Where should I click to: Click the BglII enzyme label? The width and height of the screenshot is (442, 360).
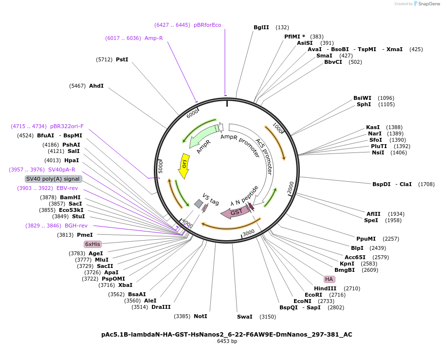point(261,27)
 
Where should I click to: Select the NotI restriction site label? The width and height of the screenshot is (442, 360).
point(201,316)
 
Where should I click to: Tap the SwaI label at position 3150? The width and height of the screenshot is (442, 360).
point(245,317)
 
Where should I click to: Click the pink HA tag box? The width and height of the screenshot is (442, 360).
point(329,279)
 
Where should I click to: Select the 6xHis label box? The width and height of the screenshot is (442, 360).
point(92,244)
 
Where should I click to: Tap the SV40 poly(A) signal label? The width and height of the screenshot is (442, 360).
point(54,179)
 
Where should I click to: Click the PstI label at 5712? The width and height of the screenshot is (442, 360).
point(122,59)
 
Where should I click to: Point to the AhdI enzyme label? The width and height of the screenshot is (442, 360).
point(96,86)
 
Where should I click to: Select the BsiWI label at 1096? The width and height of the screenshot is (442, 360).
point(362,98)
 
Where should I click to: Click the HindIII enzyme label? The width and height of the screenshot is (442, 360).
point(325,288)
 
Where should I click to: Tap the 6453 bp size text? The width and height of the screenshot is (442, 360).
point(227,341)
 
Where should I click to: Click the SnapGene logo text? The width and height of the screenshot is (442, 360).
point(429,4)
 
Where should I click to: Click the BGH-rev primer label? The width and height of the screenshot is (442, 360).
point(76,226)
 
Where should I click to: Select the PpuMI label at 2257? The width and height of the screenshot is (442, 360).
point(366,239)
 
